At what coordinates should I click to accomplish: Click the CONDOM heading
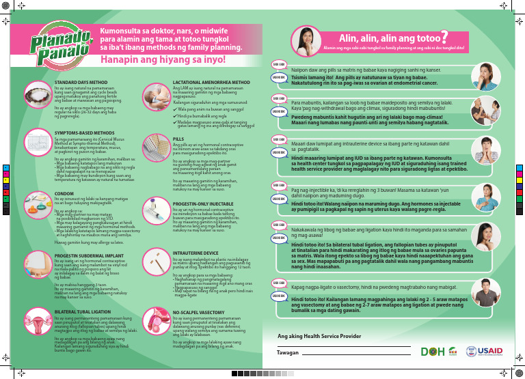pos(64,193)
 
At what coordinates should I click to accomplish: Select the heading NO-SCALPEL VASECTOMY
pos(199,311)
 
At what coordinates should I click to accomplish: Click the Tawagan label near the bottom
pos(288,353)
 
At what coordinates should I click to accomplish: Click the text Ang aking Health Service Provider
pos(319,337)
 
